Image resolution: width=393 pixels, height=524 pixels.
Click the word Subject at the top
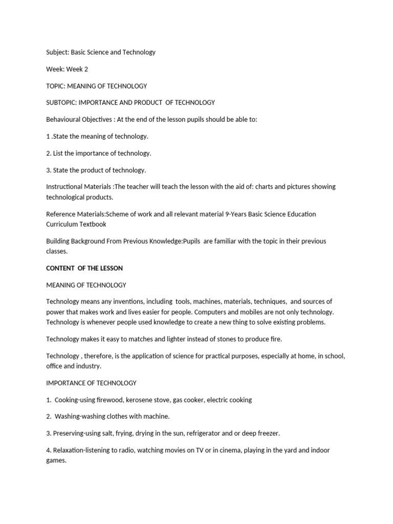(x=57, y=52)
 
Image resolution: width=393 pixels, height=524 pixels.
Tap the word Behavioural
(x=64, y=119)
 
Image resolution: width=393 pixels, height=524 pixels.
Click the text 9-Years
(x=236, y=214)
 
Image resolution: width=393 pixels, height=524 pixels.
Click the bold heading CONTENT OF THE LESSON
(x=84, y=268)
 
